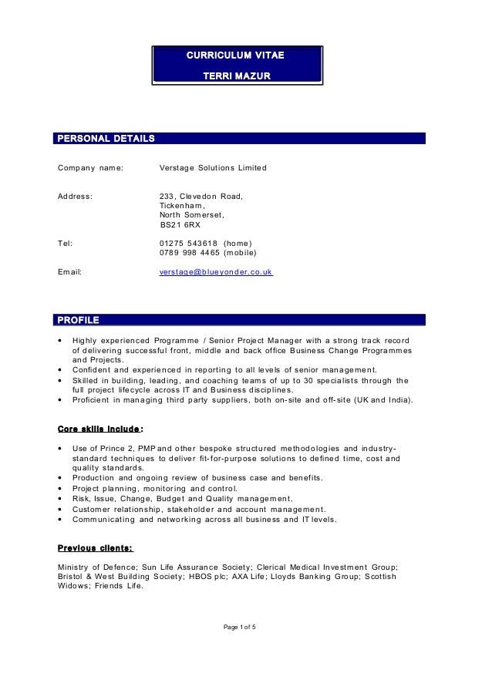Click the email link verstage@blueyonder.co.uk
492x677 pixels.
[x=215, y=272]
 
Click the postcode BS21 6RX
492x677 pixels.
[x=180, y=225]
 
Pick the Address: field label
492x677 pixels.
[x=76, y=197]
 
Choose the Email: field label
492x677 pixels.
[x=70, y=272]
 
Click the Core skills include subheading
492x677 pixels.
[x=99, y=429]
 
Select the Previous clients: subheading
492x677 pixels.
[x=96, y=549]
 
